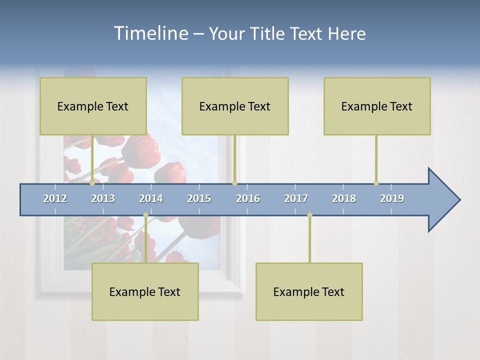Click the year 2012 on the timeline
55,198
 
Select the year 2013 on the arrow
103,198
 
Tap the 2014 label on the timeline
151,198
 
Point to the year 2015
199,198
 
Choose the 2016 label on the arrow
248,198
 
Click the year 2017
296,198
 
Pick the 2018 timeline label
344,198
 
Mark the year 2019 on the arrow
392,198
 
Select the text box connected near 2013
93,106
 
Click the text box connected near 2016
235,106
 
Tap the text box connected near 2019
377,106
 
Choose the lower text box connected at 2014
145,291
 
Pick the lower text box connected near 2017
309,291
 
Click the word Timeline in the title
149,33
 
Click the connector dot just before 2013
92,183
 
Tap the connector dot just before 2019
376,183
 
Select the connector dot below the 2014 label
145,215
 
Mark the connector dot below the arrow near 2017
309,215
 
